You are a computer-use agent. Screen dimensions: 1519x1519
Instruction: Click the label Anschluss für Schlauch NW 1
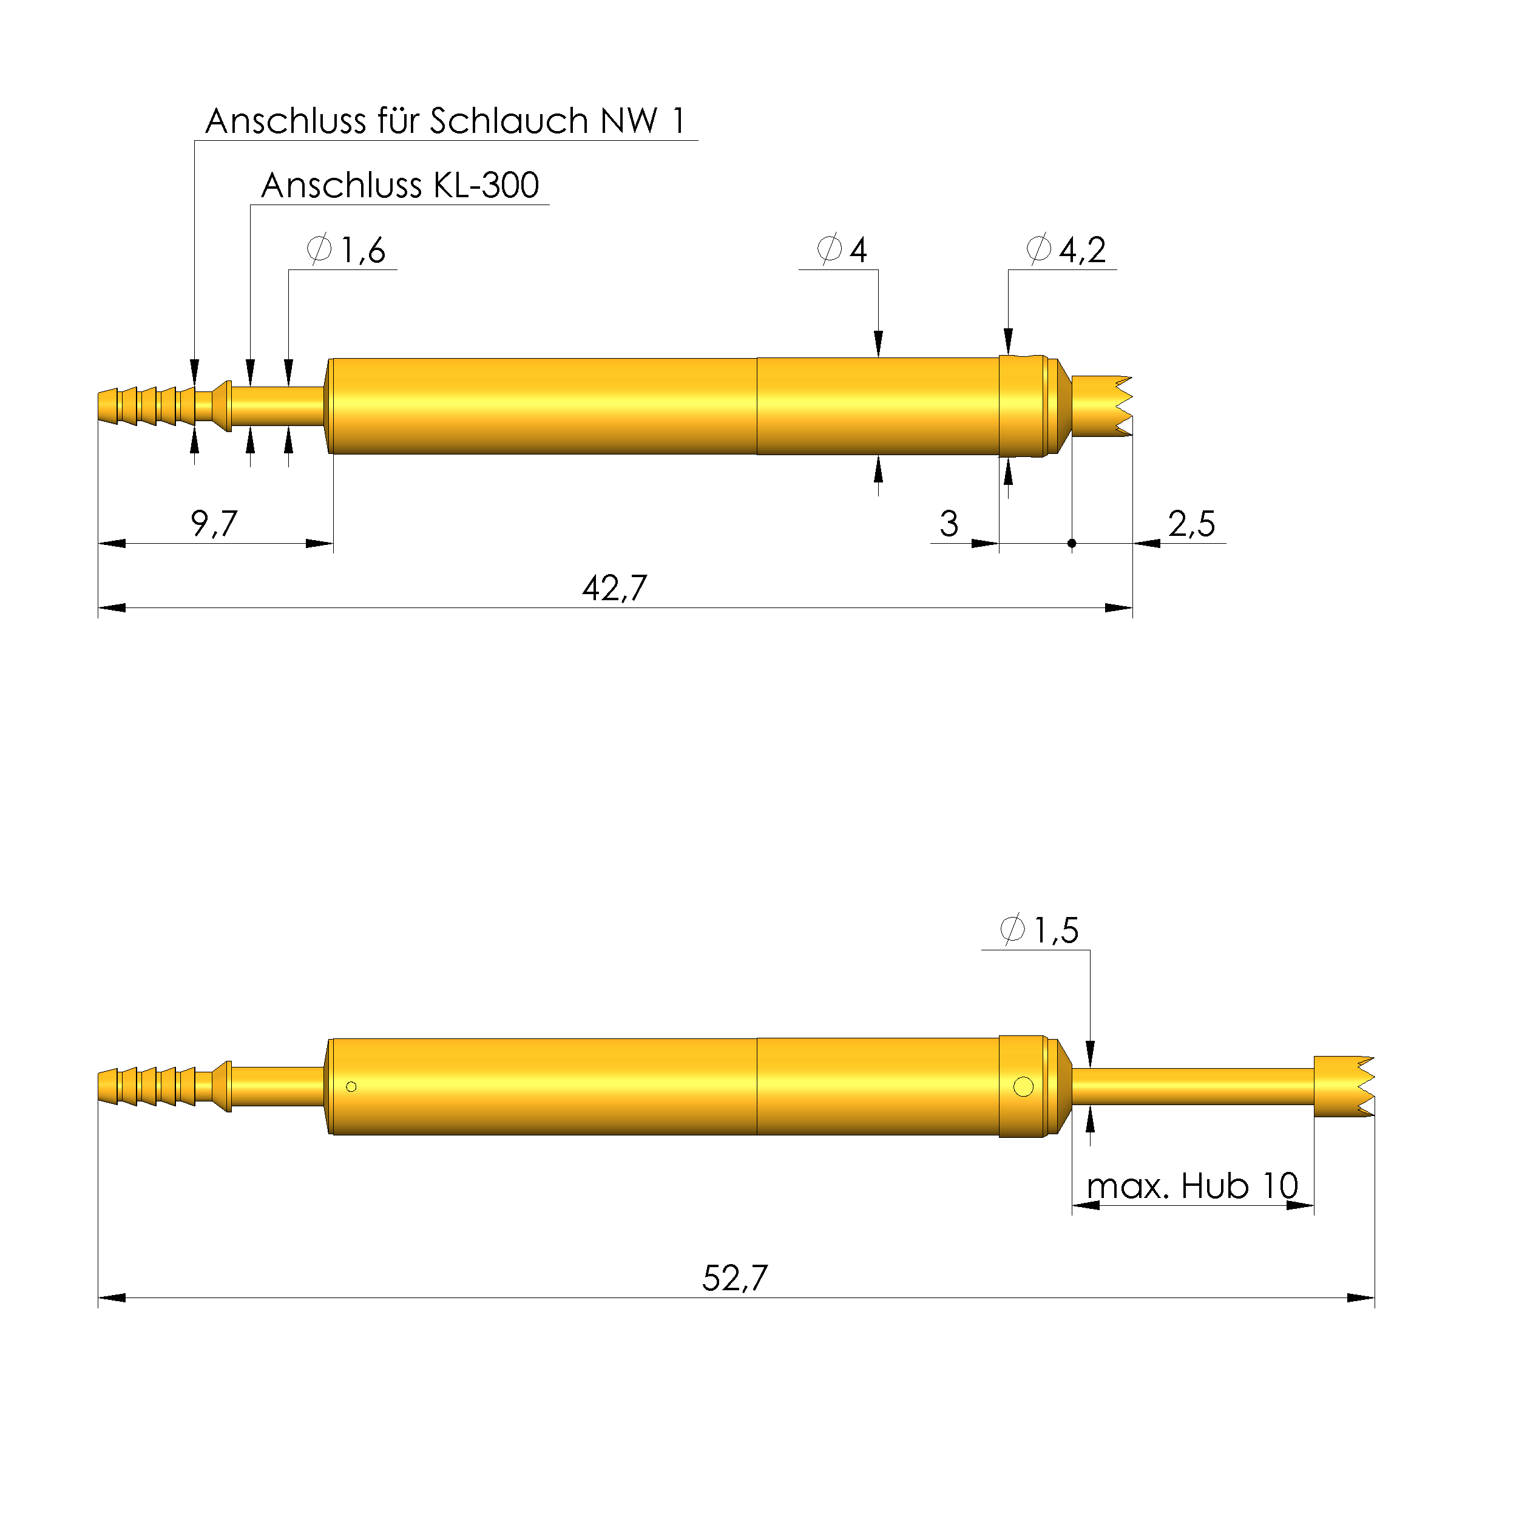click(x=445, y=121)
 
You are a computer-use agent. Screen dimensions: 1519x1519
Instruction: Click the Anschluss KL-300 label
click(x=399, y=186)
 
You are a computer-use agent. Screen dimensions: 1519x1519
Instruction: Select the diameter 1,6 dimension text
click(x=347, y=250)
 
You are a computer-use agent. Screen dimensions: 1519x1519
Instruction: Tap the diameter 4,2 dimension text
click(x=1067, y=250)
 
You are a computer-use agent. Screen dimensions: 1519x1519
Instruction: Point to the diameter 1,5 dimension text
click(x=1040, y=930)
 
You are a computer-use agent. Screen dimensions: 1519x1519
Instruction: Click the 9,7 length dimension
click(x=214, y=524)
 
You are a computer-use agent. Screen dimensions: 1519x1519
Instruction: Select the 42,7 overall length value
click(x=614, y=588)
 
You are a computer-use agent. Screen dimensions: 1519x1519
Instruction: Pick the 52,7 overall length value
click(x=734, y=1279)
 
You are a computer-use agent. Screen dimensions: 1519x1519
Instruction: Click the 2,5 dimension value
click(x=1191, y=524)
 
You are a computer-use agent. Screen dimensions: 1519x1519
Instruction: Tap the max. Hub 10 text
click(x=1192, y=1186)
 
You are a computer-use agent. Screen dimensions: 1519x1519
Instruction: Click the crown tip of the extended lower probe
click(x=1344, y=1086)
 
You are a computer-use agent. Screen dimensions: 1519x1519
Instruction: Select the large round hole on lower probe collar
click(x=1024, y=1086)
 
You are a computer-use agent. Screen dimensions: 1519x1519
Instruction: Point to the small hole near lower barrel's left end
click(x=351, y=1086)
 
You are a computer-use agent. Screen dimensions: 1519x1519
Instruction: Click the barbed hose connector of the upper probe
click(x=146, y=406)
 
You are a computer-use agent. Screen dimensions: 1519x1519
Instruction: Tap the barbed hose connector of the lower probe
click(x=146, y=1086)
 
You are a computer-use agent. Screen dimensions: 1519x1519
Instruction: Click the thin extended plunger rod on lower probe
click(x=1192, y=1086)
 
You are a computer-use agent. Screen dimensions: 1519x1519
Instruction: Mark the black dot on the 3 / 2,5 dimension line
click(x=1072, y=543)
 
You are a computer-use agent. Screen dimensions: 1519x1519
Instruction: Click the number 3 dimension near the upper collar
click(x=949, y=524)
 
